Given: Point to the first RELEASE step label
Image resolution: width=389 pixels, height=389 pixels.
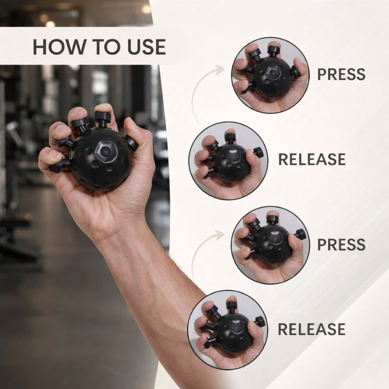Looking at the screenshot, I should [x=312, y=159].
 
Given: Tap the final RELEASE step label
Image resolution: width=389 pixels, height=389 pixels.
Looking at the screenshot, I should [x=312, y=329].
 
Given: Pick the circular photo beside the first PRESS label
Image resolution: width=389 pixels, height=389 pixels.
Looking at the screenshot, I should [x=270, y=75].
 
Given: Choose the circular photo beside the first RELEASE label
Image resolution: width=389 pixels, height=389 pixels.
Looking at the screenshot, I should [x=229, y=160].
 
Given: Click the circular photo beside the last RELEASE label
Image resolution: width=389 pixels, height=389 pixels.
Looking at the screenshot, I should [x=228, y=330].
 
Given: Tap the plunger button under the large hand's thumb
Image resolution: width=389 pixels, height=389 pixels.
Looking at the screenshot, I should [x=131, y=143].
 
